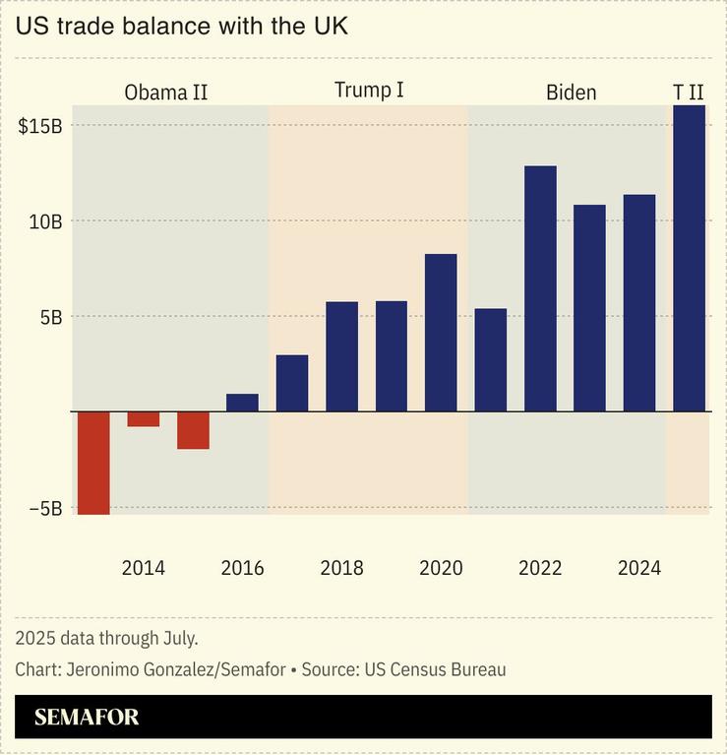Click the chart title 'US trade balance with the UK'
point(182,27)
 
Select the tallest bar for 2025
point(689,258)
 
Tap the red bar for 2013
point(93,463)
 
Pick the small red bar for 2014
point(144,418)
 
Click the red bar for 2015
point(193,429)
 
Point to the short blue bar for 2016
point(242,403)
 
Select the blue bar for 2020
point(441,333)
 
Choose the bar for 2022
point(540,288)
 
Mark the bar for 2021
point(490,360)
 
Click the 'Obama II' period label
point(165,94)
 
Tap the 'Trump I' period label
point(369,91)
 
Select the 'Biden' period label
point(571,94)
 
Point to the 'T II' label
point(688,93)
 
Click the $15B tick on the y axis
point(40,126)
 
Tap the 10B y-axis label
point(45,222)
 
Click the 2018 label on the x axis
point(341,568)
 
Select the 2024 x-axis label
point(639,568)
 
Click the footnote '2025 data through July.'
point(106,638)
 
